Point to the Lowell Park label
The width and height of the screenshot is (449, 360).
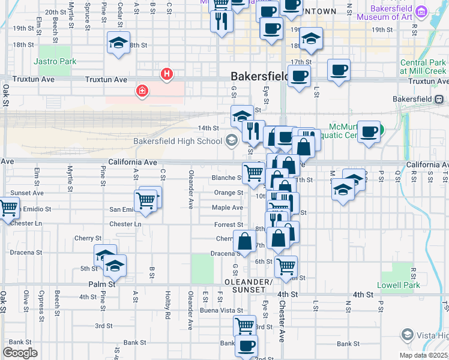(399, 285)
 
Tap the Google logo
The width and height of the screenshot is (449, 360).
(20, 353)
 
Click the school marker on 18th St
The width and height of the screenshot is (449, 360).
(118, 43)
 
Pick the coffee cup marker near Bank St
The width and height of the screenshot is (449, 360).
(246, 346)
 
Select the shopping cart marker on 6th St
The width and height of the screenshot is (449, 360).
(286, 265)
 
